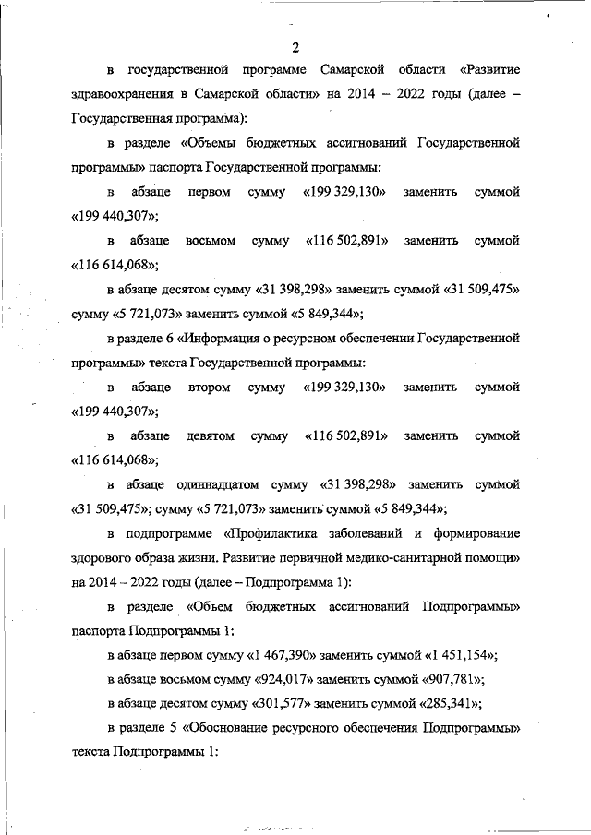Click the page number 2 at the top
click(x=295, y=47)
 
